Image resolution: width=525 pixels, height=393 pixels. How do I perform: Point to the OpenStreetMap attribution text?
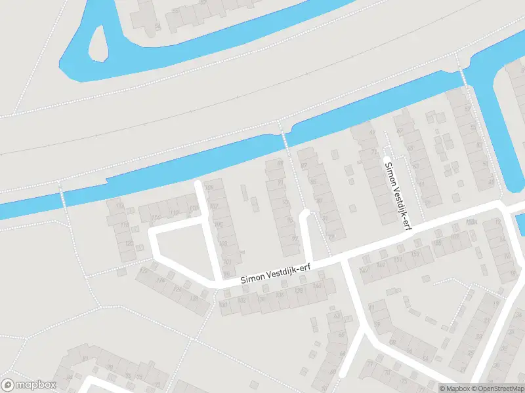(499, 388)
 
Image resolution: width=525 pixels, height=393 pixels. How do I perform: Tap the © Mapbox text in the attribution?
(456, 388)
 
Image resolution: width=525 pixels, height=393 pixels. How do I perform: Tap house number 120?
(129, 243)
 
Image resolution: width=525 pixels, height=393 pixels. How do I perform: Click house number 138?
(299, 290)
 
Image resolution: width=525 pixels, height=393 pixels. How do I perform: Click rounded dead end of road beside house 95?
(304, 214)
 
